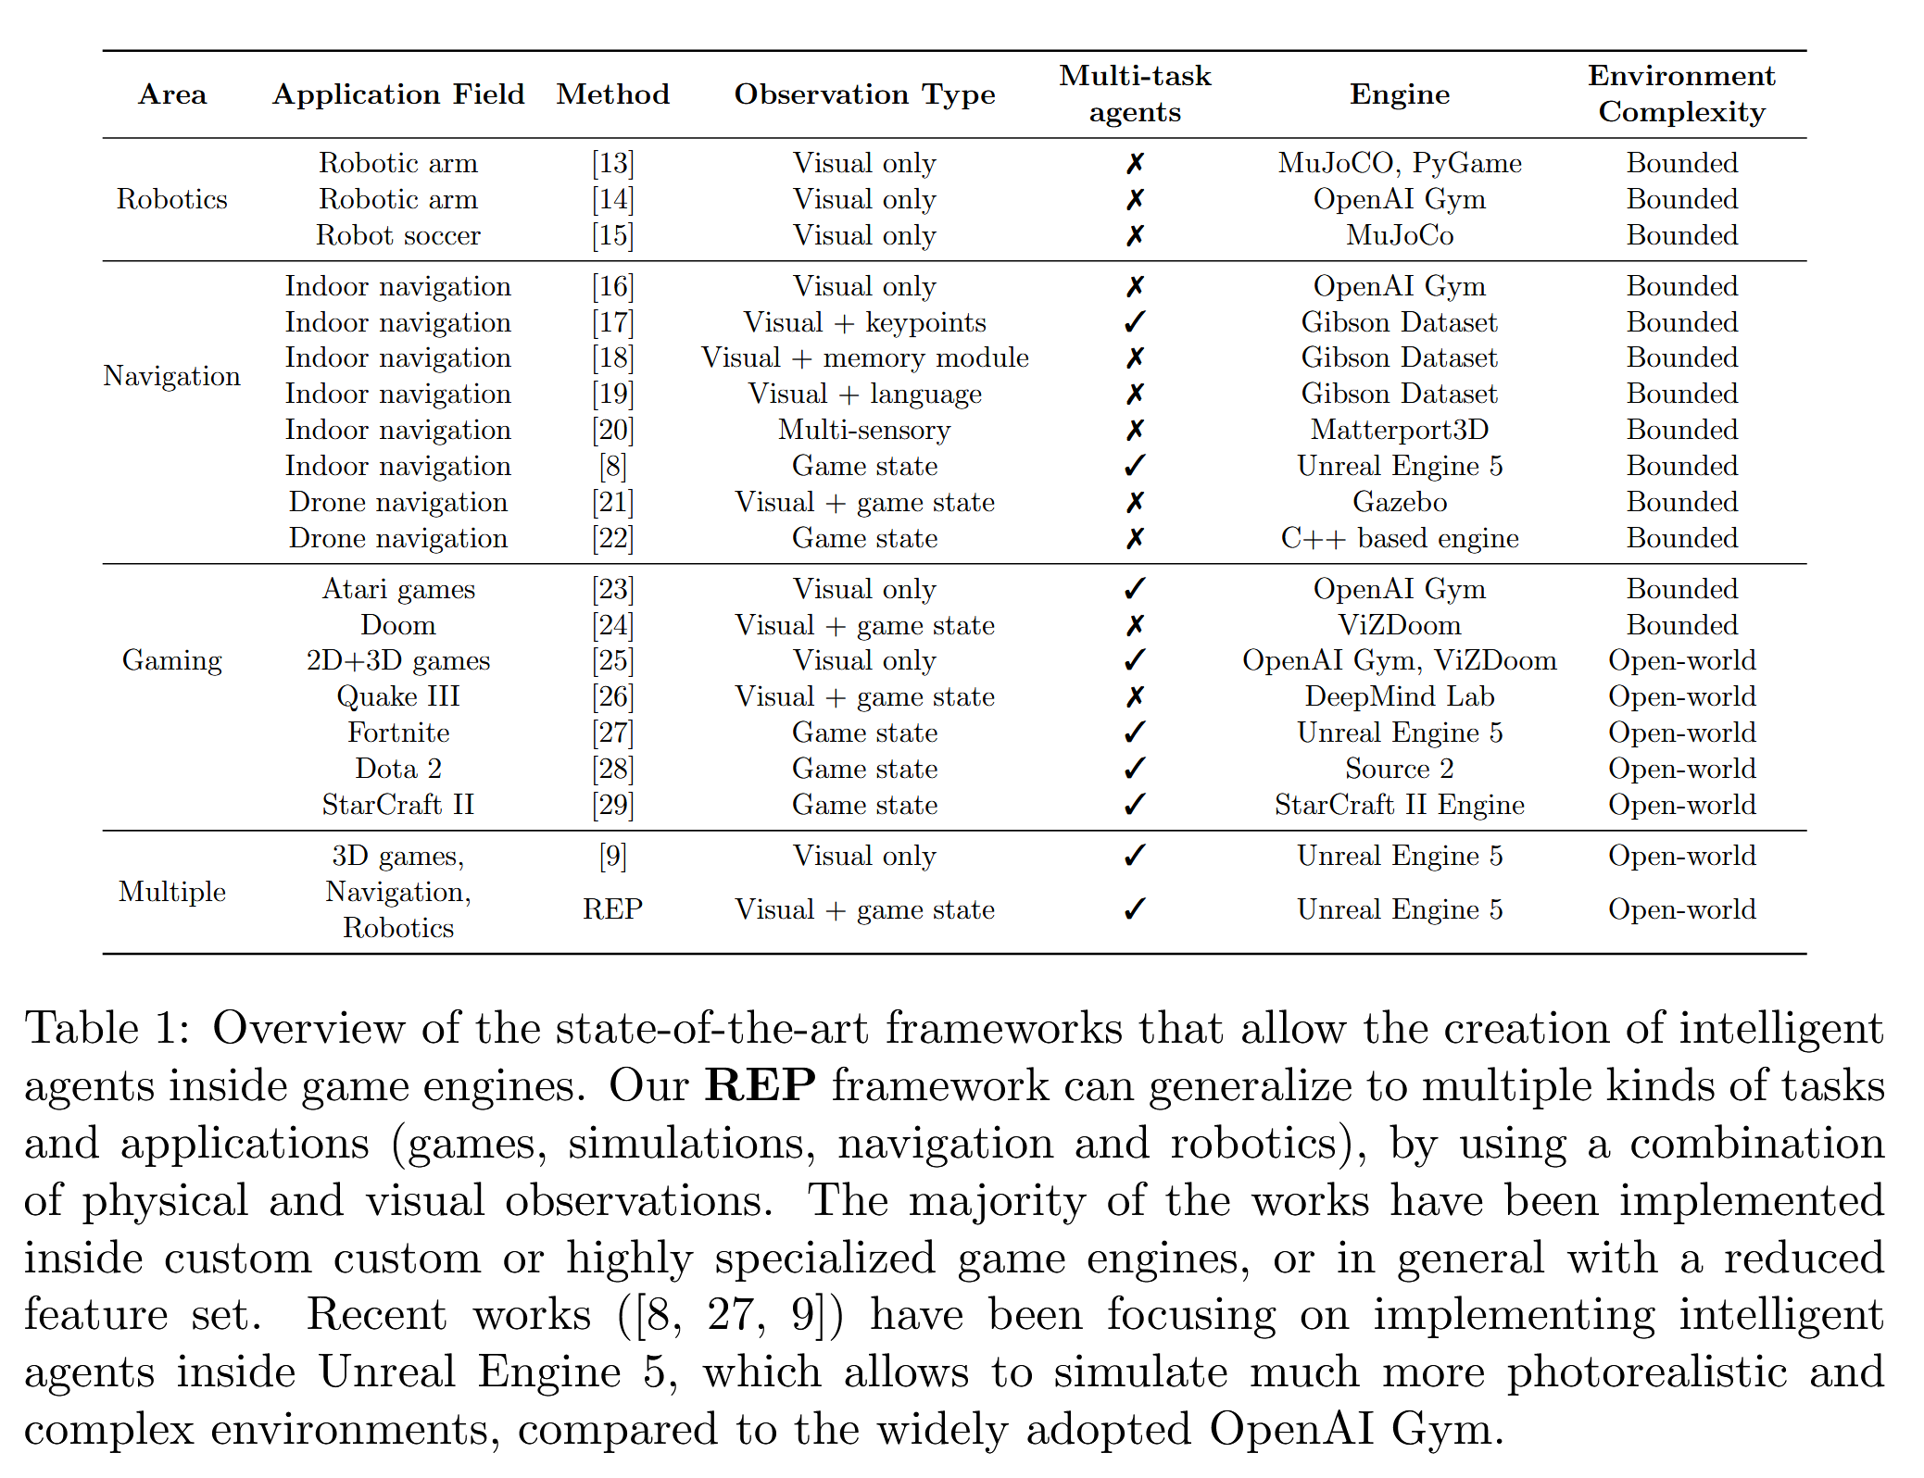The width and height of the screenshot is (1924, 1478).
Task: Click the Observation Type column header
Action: pyautogui.click(x=864, y=94)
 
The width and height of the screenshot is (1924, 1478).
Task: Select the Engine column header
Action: pyautogui.click(x=1399, y=94)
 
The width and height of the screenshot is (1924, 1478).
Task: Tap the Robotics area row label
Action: pyautogui.click(x=171, y=199)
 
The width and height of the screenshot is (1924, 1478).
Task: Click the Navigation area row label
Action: pyautogui.click(x=171, y=376)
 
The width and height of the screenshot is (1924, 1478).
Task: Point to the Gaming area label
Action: pyautogui.click(x=171, y=660)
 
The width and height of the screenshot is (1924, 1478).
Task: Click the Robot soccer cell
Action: pyautogui.click(x=398, y=235)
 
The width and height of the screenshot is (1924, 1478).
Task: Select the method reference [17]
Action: pyautogui.click(x=612, y=322)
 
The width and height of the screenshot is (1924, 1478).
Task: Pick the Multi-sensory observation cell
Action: pyautogui.click(x=864, y=430)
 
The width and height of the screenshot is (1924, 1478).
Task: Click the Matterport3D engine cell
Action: pyautogui.click(x=1399, y=430)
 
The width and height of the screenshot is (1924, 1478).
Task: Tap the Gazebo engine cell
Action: pyautogui.click(x=1399, y=502)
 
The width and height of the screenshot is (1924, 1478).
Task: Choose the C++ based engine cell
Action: pyautogui.click(x=1399, y=538)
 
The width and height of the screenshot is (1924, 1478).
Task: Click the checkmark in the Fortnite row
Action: pyautogui.click(x=1135, y=733)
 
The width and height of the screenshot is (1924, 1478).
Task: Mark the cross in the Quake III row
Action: pyautogui.click(x=1135, y=696)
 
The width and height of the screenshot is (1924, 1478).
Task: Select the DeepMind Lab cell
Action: pyautogui.click(x=1399, y=696)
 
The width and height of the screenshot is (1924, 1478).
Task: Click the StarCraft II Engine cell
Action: pyautogui.click(x=1399, y=805)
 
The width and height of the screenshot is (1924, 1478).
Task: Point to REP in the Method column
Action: pyautogui.click(x=612, y=909)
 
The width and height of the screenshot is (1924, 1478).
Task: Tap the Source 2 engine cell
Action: pyautogui.click(x=1399, y=769)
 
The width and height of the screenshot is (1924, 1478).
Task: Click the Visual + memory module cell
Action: pyautogui.click(x=864, y=357)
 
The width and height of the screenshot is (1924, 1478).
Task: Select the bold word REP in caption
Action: pyautogui.click(x=760, y=1085)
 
